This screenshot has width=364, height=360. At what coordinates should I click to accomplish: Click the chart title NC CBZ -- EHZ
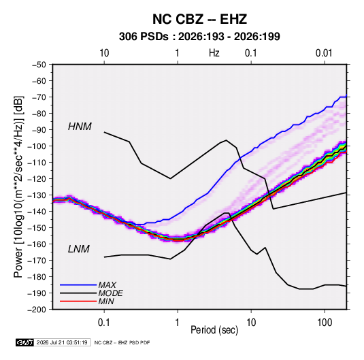point(199,19)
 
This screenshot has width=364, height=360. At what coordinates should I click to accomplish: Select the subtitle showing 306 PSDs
point(199,37)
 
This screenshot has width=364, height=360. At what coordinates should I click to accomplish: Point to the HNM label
point(80,127)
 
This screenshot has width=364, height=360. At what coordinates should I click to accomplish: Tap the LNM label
point(79,249)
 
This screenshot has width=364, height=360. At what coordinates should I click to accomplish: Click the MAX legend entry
point(107,284)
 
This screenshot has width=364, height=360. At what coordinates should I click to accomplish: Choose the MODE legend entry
point(110,293)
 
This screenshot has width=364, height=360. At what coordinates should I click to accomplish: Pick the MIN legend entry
point(106,301)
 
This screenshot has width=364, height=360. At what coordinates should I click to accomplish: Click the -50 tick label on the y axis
point(39,65)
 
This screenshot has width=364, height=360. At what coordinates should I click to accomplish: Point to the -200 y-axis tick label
point(37,310)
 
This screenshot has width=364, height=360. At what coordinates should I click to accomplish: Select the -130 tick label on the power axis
point(37,195)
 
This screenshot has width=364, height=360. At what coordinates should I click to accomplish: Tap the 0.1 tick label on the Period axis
point(104,323)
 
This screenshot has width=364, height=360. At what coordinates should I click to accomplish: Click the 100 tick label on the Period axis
point(325,323)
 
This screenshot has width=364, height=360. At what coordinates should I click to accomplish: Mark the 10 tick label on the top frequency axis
point(104,53)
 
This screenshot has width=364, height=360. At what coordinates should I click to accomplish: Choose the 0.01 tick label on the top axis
point(324,53)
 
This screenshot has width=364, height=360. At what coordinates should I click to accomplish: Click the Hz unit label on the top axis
point(214,53)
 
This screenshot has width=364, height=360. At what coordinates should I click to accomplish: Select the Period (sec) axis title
point(214,330)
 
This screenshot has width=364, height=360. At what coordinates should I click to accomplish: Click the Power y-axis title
point(18,187)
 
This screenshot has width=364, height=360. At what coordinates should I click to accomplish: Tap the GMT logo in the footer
point(25,342)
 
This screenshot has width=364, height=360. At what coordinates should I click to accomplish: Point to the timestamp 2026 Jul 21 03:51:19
point(62,342)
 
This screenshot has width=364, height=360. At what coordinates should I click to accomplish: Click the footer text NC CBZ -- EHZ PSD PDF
point(122,342)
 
